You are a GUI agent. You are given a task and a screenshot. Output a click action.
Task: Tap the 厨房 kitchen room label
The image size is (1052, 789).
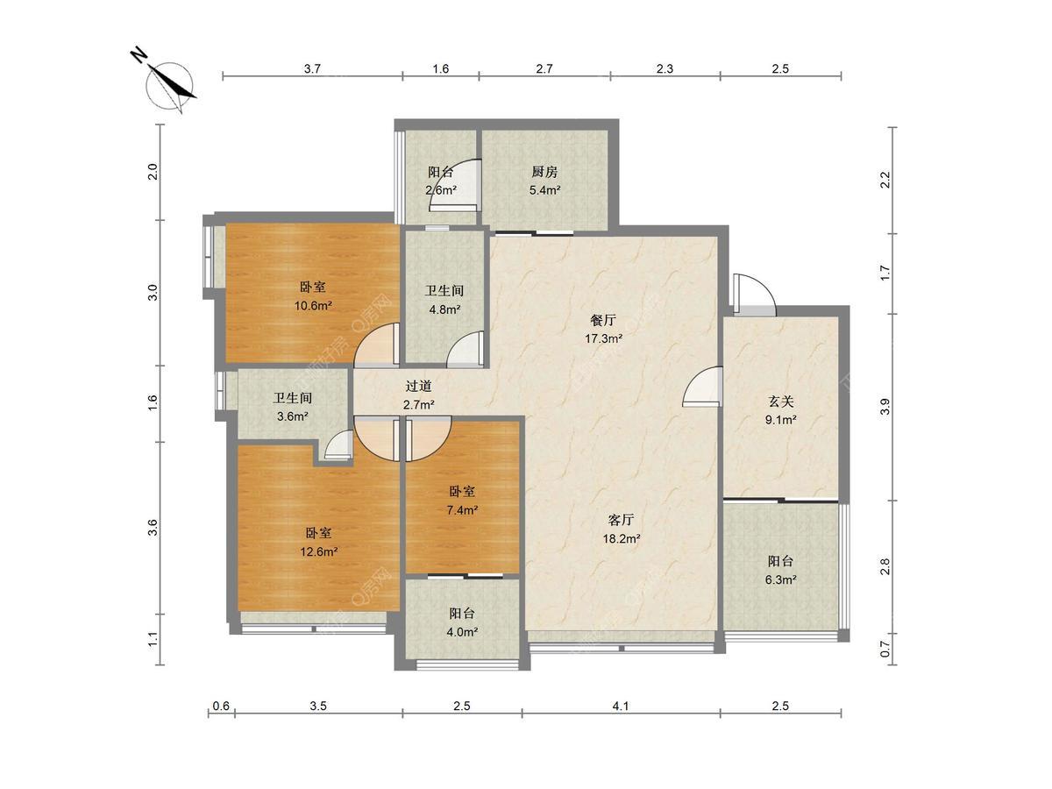coord(544,172)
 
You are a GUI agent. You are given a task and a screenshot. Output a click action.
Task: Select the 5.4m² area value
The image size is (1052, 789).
coord(545,190)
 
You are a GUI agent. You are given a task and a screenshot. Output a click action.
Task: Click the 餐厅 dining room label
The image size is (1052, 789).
coord(603,320)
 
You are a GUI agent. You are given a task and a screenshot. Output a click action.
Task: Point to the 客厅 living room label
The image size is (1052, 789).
coord(622,520)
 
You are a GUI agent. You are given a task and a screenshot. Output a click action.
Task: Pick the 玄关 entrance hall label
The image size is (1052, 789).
coord(780,401)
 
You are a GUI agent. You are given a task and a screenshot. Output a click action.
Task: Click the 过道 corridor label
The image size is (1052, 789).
coord(418,386)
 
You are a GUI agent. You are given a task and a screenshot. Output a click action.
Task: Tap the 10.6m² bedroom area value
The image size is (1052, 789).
coord(313,306)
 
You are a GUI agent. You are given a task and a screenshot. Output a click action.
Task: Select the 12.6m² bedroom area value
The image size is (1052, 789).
coord(319,552)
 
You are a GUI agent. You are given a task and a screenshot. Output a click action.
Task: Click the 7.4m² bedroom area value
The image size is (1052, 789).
coord(462,510)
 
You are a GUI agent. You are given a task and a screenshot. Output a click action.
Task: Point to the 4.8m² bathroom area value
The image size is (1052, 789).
coord(444,309)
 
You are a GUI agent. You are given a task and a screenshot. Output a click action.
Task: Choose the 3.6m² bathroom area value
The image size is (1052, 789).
coord(292,416)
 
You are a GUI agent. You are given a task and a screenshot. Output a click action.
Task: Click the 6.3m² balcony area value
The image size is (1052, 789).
coord(780,580)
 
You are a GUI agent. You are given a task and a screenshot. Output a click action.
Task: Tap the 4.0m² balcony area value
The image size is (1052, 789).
coord(462,632)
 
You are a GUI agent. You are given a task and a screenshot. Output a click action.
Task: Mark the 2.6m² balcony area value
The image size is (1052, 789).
coord(441,190)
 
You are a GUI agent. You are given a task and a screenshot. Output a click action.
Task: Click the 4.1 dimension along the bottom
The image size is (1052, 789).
coord(620,706)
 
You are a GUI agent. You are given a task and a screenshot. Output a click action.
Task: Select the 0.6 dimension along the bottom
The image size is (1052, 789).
coord(221,706)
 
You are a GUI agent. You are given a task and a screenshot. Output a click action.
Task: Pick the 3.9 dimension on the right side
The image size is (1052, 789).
coord(885,407)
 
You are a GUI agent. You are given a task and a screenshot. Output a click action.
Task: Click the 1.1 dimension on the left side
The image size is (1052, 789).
coord(153,640)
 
